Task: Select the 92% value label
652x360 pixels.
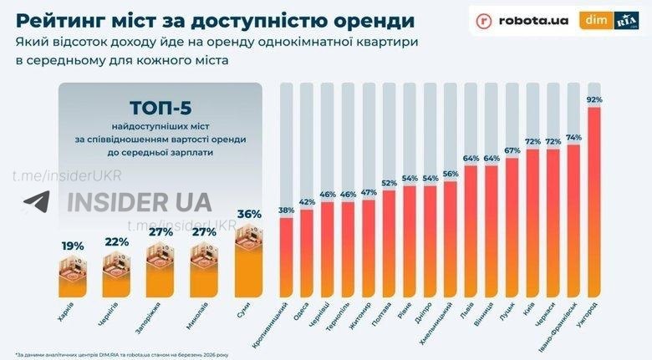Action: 595,99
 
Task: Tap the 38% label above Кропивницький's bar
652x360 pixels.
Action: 287,210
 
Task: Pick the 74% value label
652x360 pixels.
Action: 574,138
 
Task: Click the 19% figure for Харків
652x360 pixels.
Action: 73,246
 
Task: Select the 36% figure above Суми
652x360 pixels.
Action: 250,215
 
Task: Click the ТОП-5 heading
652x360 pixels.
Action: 162,109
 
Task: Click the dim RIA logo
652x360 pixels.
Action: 611,20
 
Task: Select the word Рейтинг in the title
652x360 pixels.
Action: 60,18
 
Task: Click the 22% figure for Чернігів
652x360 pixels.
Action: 117,241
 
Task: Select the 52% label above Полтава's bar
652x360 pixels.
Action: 390,183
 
